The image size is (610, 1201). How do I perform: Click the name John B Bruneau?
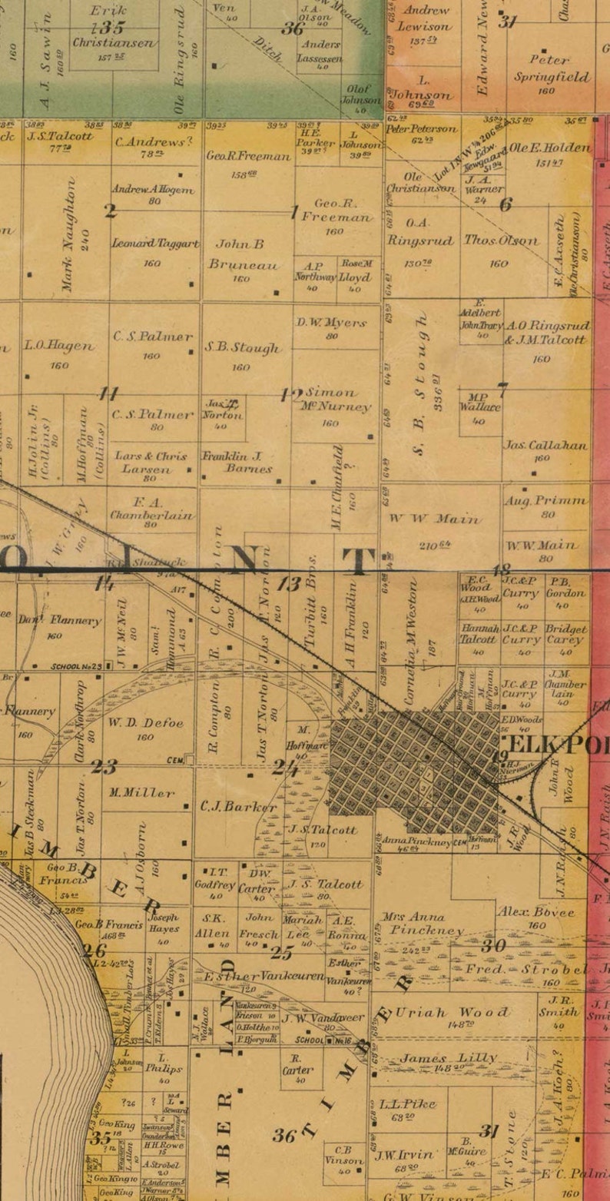click(x=240, y=254)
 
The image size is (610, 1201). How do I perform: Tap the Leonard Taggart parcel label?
click(x=155, y=244)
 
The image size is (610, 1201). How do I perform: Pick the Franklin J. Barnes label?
click(x=237, y=462)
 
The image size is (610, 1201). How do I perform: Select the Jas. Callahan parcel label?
click(x=545, y=445)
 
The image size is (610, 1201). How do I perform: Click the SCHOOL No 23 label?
click(x=75, y=667)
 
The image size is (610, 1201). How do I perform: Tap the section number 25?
click(x=282, y=954)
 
